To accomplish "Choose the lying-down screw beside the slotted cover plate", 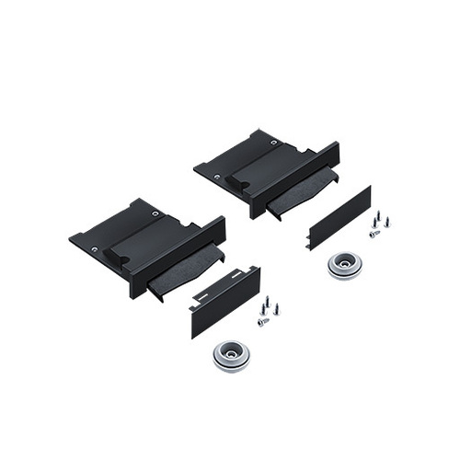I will pyautogui.click(x=263, y=322).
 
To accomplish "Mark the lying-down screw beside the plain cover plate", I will pyautogui.click(x=374, y=234).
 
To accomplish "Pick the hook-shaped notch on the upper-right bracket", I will pyautogui.click(x=235, y=181).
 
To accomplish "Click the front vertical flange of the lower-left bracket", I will pyautogui.click(x=179, y=258).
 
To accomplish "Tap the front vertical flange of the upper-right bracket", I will pyautogui.click(x=294, y=180).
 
